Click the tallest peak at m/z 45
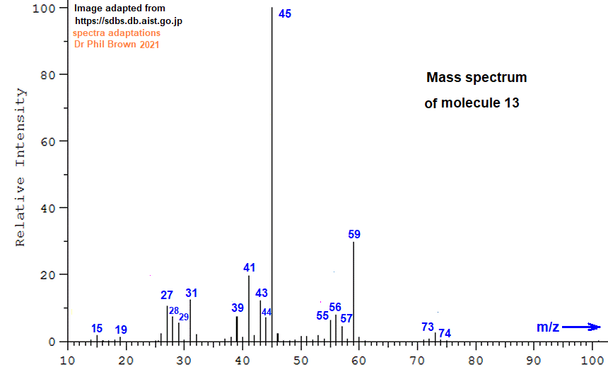coord(271,175)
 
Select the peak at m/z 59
coord(353,292)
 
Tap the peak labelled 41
coord(249,308)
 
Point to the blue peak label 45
coord(285,13)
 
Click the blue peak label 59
coord(354,234)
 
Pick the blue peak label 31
coord(191,293)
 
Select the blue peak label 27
coord(167,296)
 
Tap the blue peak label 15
coord(97,329)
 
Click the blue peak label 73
coord(427,327)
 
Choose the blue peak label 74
coord(445,333)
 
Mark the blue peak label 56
coord(335,308)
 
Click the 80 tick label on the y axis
coord(49,74)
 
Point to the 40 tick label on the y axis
coord(49,208)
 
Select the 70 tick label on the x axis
coord(417,361)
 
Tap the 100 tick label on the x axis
coord(592,361)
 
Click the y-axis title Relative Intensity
coord(21,167)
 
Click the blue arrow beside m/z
coord(581,327)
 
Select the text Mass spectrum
coord(477,78)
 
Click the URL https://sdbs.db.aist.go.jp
coord(129,21)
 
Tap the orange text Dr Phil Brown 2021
coord(117,45)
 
